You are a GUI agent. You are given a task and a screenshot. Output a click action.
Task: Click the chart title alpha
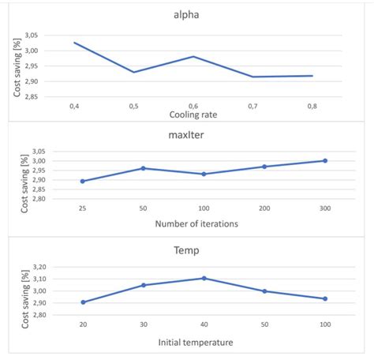tap(187, 13)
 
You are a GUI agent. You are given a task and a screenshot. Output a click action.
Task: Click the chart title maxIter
tap(187, 135)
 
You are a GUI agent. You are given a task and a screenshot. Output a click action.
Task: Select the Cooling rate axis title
tap(193, 114)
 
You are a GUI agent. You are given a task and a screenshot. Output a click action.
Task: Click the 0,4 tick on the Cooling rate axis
tap(74, 105)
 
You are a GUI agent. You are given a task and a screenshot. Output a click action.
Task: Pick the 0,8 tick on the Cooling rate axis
tap(312, 105)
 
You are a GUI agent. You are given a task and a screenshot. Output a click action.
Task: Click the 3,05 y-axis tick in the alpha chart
tap(29, 36)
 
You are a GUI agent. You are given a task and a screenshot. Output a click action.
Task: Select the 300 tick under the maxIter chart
tap(324, 209)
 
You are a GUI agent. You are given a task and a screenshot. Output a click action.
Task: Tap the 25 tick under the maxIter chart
tap(82, 209)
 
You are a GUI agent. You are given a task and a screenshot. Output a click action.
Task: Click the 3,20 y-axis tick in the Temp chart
tap(29, 267)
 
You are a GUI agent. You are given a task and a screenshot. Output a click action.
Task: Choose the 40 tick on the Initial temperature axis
tap(204, 324)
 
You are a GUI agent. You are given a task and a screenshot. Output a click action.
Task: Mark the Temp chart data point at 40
tap(204, 278)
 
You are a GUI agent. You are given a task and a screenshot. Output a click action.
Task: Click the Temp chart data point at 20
tap(82, 302)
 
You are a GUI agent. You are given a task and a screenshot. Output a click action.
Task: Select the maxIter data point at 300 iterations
tap(324, 161)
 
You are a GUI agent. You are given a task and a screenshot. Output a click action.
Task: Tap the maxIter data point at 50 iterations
tap(143, 168)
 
